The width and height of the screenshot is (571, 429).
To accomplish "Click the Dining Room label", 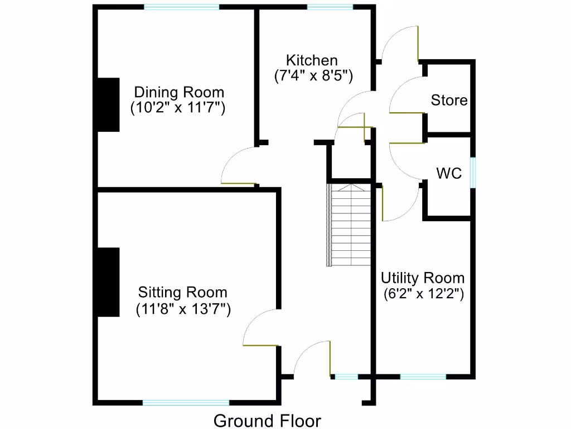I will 179,92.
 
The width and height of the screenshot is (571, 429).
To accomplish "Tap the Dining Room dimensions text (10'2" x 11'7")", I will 178,108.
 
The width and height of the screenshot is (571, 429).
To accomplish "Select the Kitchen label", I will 312,60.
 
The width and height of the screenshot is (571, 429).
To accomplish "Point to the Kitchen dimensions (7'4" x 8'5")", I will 313,76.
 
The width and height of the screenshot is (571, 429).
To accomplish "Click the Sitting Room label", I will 183,292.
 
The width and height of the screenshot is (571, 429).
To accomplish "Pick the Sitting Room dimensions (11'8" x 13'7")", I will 183,308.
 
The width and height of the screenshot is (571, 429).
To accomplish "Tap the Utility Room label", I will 423,278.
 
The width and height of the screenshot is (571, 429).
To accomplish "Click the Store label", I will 449,101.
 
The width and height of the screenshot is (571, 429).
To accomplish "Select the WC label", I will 449,174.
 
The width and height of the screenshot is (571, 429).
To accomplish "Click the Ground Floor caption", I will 268,421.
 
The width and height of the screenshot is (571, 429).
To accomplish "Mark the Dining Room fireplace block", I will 109,104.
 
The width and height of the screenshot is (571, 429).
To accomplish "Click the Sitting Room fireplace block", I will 109,282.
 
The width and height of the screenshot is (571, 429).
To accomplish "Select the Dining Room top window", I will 181,7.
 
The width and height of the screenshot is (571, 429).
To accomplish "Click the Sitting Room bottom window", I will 186,402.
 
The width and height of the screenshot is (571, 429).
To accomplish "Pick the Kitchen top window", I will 330,7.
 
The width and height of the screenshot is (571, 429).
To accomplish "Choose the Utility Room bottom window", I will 423,377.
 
